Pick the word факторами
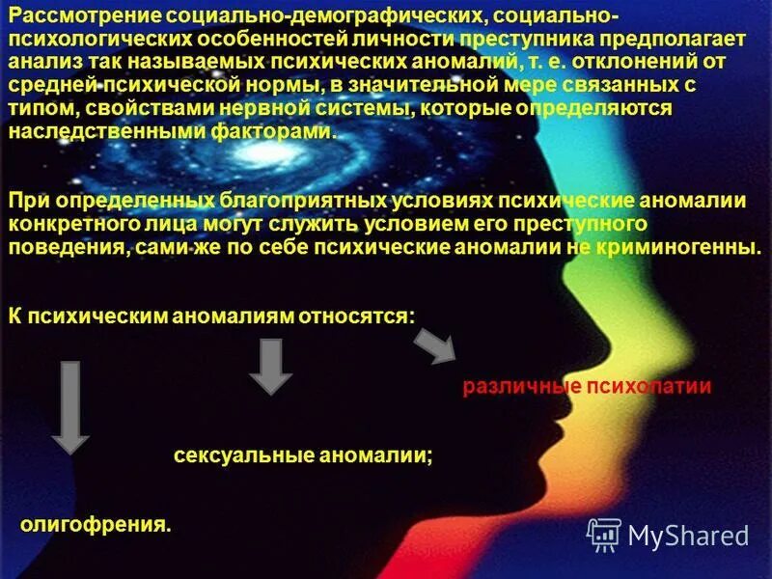287,132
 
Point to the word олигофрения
95,526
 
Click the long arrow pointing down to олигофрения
69,405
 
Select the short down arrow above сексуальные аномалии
271,366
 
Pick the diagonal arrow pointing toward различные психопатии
435,344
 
